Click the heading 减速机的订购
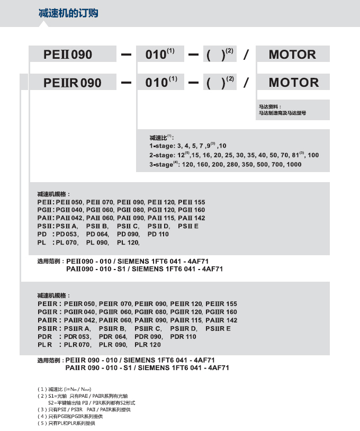click(x=68, y=13)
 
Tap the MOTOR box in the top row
click(x=292, y=55)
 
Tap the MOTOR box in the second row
click(x=292, y=83)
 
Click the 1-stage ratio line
click(x=188, y=146)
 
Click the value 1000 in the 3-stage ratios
click(x=293, y=165)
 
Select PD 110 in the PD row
click(x=158, y=234)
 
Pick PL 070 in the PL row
click(x=67, y=243)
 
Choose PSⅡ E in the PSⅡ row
click(x=188, y=226)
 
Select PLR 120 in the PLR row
click(x=148, y=345)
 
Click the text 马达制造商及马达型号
click(x=282, y=113)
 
